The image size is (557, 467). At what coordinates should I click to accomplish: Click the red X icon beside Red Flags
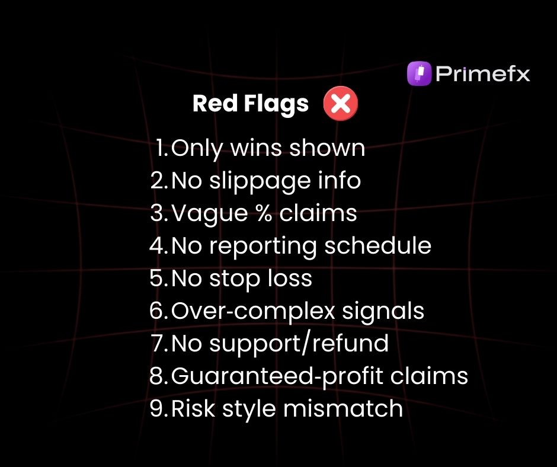tap(341, 105)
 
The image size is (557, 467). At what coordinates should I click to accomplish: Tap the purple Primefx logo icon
tap(419, 75)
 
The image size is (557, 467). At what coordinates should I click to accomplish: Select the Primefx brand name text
tap(482, 75)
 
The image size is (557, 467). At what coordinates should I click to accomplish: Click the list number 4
tap(158, 245)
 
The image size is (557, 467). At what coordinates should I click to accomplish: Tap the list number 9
tap(158, 408)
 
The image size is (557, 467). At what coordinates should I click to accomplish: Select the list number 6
tap(158, 311)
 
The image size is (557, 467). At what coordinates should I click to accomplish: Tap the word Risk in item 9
tap(191, 408)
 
